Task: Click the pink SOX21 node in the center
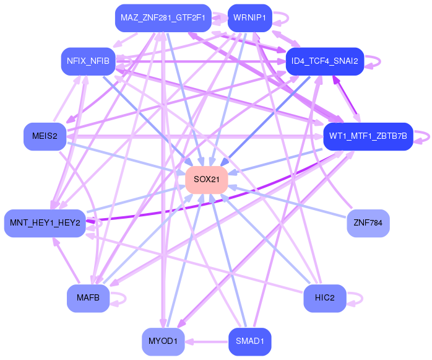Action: (x=207, y=180)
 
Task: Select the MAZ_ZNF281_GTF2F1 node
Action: (x=163, y=17)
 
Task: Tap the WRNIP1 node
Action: (x=249, y=17)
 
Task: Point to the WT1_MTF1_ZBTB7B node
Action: (x=368, y=136)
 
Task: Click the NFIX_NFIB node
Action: (x=88, y=61)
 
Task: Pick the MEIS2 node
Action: (x=45, y=136)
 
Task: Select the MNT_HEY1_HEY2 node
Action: (x=45, y=223)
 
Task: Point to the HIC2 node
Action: (x=324, y=299)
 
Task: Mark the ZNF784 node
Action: (x=368, y=223)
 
